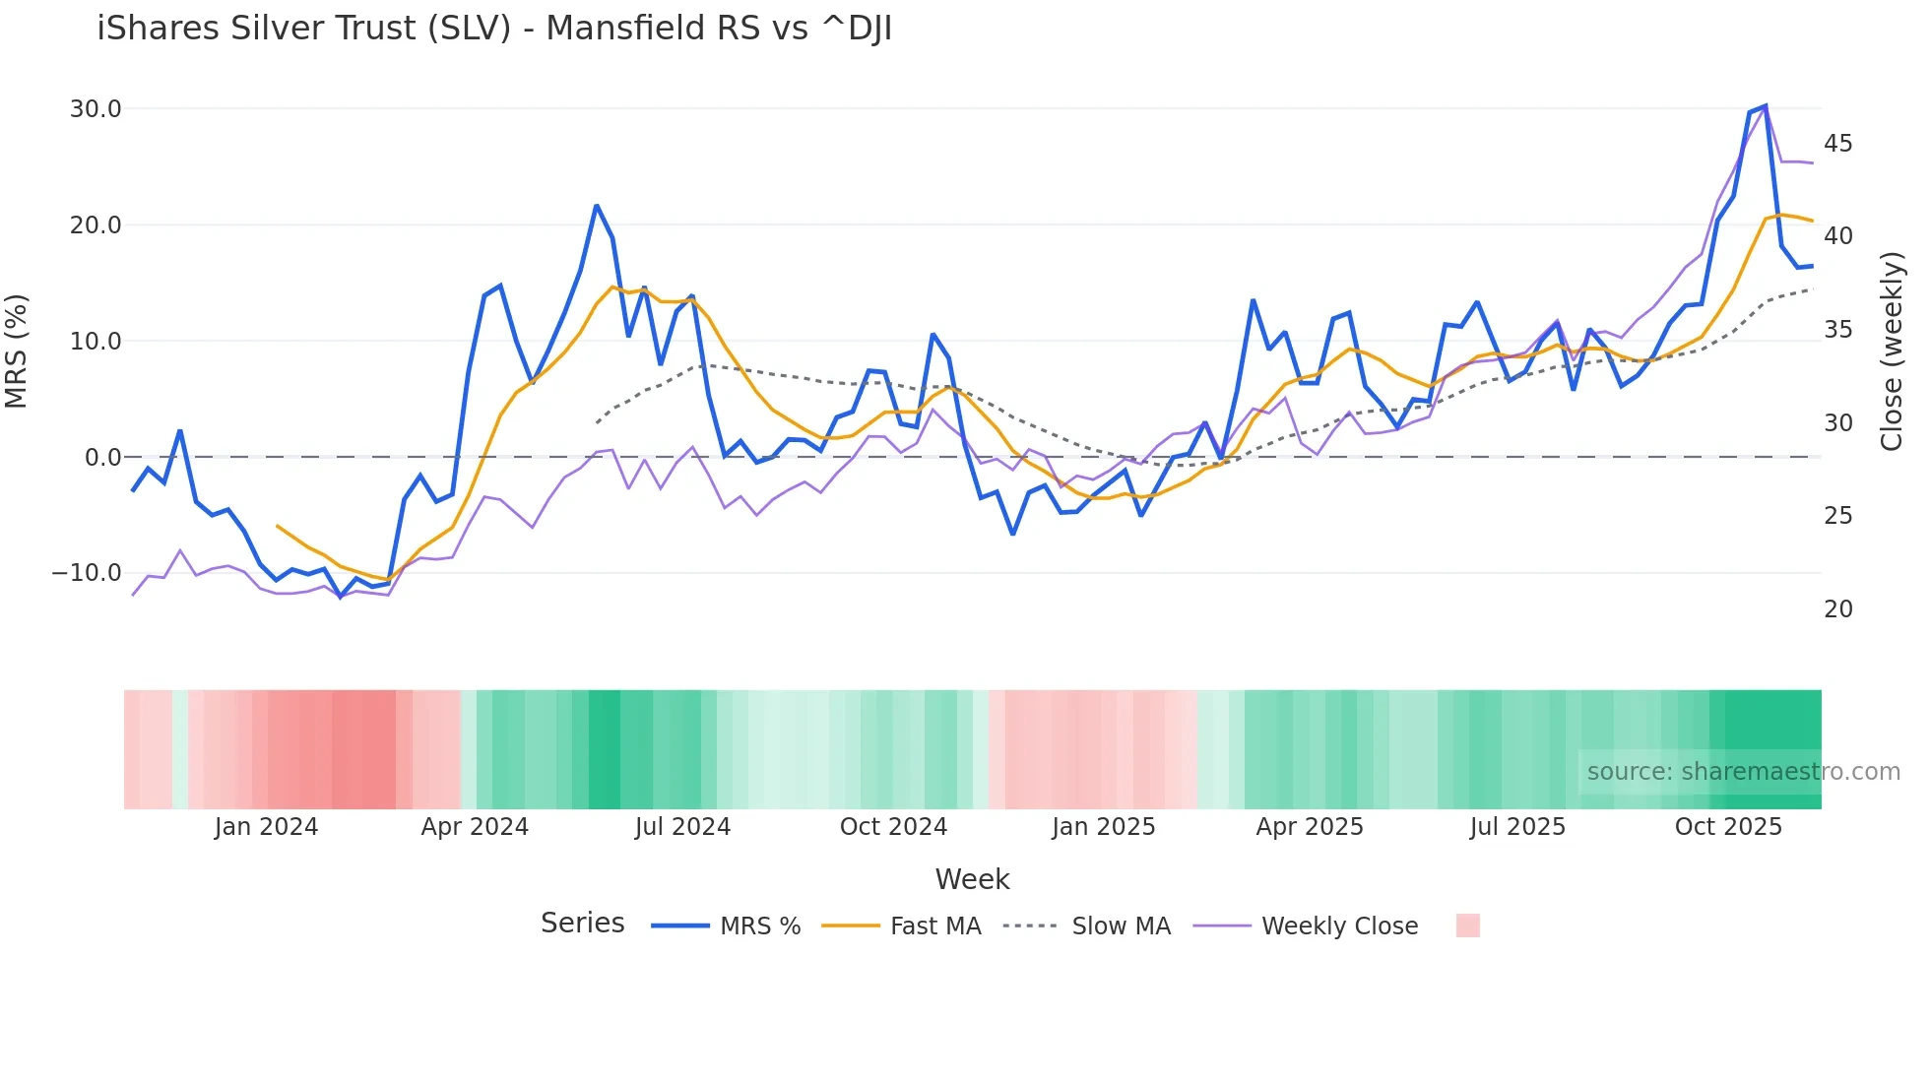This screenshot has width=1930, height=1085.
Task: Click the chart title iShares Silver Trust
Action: click(494, 29)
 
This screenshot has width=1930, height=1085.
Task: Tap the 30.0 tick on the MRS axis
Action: click(96, 109)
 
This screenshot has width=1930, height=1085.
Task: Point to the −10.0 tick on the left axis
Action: click(87, 573)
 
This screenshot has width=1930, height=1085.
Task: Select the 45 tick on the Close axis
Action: click(1837, 144)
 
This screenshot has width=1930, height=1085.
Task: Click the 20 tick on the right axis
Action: click(1837, 609)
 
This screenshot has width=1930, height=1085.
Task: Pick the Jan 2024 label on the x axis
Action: click(266, 827)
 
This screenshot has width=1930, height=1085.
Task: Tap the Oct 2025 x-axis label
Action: click(1728, 827)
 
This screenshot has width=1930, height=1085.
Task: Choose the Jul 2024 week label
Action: click(682, 827)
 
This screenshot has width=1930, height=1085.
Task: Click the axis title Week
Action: click(972, 879)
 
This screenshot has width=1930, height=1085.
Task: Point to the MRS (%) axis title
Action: click(17, 351)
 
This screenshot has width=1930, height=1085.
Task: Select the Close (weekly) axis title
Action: click(1892, 351)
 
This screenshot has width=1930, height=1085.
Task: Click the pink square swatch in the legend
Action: click(1467, 925)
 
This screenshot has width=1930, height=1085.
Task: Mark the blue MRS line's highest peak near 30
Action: click(1766, 105)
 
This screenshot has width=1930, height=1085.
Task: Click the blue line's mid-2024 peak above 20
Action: click(597, 206)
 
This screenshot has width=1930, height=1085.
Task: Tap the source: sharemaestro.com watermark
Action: click(1743, 772)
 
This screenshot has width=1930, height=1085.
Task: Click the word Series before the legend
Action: click(582, 924)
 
